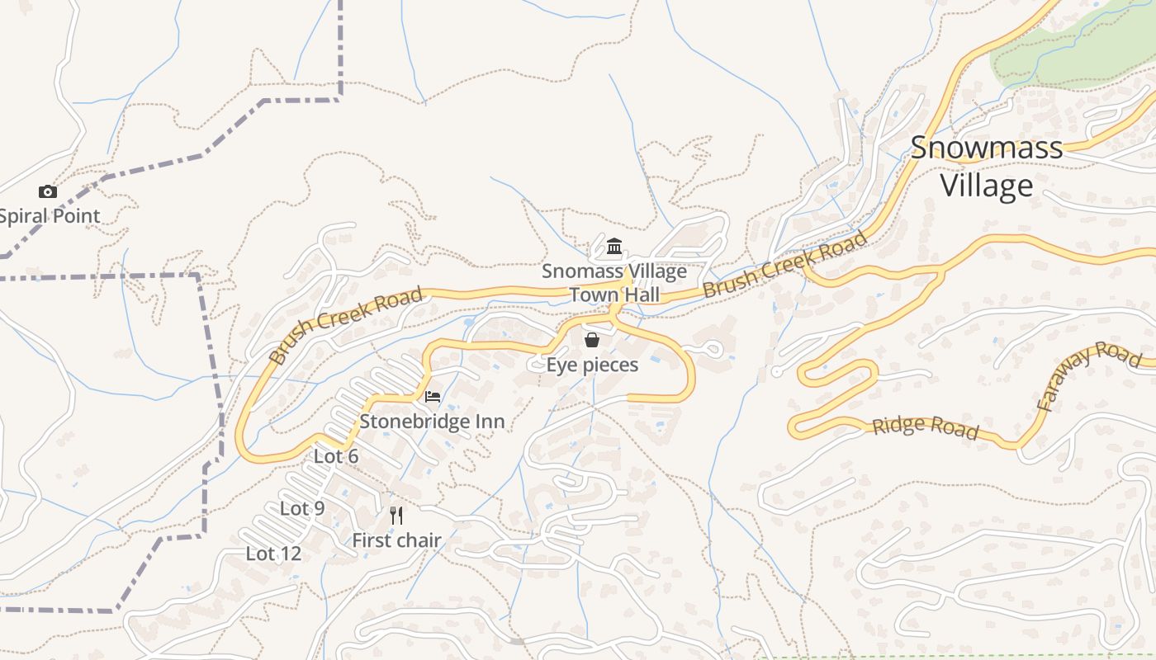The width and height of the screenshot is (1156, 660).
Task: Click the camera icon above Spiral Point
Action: click(48, 192)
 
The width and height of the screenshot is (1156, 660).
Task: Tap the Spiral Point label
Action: click(50, 216)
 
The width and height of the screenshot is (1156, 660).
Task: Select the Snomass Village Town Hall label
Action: click(614, 282)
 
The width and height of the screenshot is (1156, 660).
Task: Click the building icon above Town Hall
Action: click(614, 247)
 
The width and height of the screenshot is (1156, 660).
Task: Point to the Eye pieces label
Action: click(592, 365)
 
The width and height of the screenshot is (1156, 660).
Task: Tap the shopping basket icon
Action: click(592, 340)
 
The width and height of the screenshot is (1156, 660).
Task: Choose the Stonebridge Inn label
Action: click(432, 422)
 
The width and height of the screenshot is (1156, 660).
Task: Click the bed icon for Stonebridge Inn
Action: click(433, 397)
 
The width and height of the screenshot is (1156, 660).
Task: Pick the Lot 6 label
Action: click(336, 456)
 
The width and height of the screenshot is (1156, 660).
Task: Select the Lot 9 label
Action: click(302, 508)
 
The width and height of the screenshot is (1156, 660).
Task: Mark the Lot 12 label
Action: click(273, 554)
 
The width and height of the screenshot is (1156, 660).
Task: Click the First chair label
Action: click(396, 540)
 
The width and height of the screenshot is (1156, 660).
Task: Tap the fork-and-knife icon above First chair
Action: click(396, 516)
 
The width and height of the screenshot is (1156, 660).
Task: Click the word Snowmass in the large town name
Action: click(986, 148)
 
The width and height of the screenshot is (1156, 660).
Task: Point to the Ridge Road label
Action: click(926, 427)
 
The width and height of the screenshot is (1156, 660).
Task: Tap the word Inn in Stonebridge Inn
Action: click(487, 422)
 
